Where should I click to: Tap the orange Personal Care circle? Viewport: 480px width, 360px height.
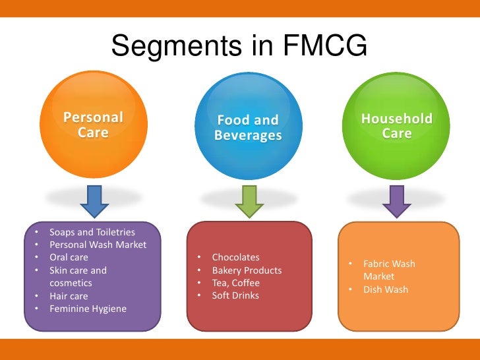click(x=93, y=125)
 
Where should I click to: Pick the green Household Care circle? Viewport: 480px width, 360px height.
click(x=396, y=125)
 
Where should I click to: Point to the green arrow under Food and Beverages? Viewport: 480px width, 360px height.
click(x=249, y=202)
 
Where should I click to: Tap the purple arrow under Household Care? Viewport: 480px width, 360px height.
click(x=396, y=202)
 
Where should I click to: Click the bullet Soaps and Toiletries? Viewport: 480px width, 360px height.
click(x=92, y=232)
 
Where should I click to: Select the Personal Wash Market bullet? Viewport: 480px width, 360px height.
click(x=98, y=245)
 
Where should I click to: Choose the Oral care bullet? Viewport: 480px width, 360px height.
click(x=69, y=257)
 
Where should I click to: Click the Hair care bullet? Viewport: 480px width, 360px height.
click(x=69, y=296)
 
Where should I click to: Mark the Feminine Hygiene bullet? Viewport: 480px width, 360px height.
click(x=88, y=309)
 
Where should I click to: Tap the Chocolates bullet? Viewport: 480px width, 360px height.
click(x=235, y=257)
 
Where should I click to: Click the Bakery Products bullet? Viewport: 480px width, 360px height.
click(x=247, y=270)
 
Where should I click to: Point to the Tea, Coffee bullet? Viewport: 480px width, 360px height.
click(x=235, y=283)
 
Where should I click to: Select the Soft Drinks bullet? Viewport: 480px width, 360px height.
click(x=235, y=295)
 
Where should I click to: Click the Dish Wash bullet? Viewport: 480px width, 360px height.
click(x=386, y=289)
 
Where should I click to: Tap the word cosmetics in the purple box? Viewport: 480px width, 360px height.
click(x=71, y=283)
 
